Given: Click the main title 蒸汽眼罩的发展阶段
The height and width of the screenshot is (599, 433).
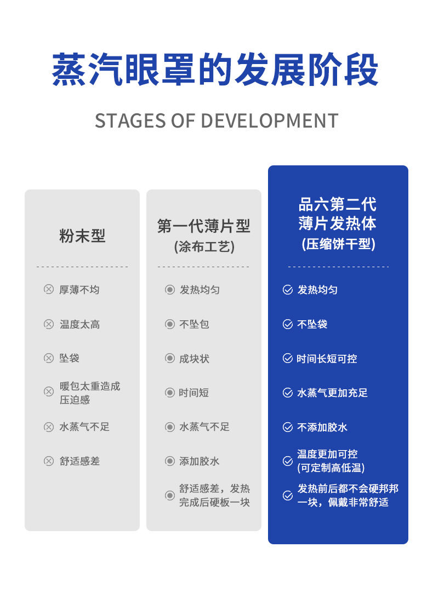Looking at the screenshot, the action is pyautogui.click(x=215, y=70).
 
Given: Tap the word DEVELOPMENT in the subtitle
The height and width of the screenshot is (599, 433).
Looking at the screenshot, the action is pyautogui.click(x=269, y=120).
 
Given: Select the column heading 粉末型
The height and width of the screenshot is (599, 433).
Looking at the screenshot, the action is pyautogui.click(x=82, y=235).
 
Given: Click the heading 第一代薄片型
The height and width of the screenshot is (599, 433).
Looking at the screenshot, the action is pyautogui.click(x=203, y=226).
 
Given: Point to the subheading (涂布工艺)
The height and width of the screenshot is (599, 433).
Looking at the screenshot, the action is pyautogui.click(x=204, y=246).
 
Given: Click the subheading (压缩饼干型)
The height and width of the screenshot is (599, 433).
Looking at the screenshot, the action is pyautogui.click(x=338, y=244).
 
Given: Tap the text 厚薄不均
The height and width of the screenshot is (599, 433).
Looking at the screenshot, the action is pyautogui.click(x=79, y=290).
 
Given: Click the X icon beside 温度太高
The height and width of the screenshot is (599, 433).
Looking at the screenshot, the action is pyautogui.click(x=49, y=324).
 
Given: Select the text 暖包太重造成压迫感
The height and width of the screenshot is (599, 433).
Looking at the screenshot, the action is pyautogui.click(x=89, y=393).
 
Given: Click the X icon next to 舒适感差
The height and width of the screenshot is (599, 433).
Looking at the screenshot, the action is pyautogui.click(x=49, y=461).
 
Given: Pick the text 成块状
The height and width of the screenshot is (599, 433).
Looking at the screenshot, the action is pyautogui.click(x=195, y=359).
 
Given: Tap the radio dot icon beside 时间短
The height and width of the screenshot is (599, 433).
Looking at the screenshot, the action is pyautogui.click(x=170, y=393).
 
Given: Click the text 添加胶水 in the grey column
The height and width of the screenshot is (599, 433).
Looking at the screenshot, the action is pyautogui.click(x=200, y=461).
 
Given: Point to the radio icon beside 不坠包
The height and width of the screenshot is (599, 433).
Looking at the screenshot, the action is pyautogui.click(x=170, y=324).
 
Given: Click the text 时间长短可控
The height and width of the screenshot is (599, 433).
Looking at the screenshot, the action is pyautogui.click(x=327, y=359).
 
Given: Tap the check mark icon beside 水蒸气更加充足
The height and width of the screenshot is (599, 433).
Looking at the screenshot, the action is pyautogui.click(x=288, y=393).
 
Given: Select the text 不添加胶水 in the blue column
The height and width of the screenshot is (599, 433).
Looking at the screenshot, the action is pyautogui.click(x=322, y=427).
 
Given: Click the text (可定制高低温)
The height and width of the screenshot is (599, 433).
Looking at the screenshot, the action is pyautogui.click(x=331, y=468).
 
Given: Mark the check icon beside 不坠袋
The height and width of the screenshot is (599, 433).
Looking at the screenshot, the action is pyautogui.click(x=288, y=324).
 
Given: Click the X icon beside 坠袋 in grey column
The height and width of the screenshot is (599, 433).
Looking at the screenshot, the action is pyautogui.click(x=49, y=358).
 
